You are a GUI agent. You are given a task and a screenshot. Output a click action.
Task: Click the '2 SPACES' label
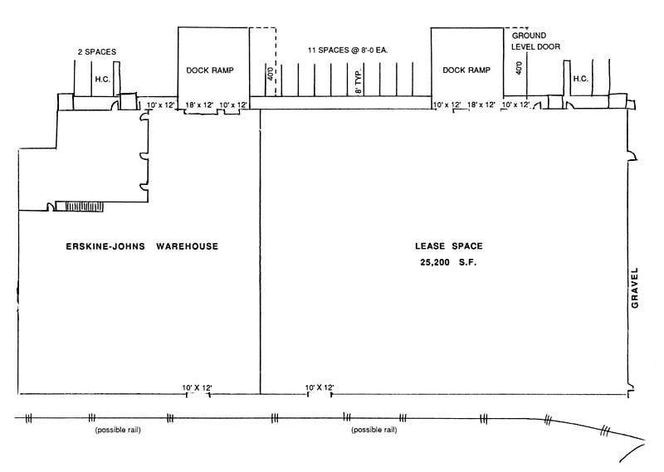(x=95, y=51)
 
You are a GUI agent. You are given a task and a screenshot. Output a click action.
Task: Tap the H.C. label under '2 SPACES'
(x=102, y=79)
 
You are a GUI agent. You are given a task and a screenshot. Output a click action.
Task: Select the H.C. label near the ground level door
(x=581, y=79)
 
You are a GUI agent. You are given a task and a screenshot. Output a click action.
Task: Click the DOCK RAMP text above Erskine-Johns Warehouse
(x=213, y=71)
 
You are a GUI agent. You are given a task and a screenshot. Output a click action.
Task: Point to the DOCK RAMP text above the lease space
(x=466, y=71)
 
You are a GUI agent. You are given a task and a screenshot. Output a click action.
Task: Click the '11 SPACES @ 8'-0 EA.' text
(x=349, y=51)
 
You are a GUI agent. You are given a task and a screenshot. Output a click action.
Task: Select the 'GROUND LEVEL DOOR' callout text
(x=535, y=41)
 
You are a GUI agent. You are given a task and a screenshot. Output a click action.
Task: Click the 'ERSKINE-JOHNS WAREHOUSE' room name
(x=142, y=246)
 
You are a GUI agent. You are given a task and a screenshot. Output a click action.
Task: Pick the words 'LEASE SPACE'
(x=448, y=246)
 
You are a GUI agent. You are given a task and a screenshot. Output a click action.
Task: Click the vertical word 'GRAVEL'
(x=636, y=288)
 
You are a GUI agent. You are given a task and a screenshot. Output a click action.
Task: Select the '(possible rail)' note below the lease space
(x=373, y=431)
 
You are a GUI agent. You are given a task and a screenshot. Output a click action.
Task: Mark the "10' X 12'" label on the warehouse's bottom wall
(x=198, y=387)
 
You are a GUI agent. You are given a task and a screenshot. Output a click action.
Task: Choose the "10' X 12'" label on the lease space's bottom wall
(x=320, y=387)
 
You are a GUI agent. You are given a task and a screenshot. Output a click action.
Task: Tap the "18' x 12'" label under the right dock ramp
(x=481, y=105)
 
